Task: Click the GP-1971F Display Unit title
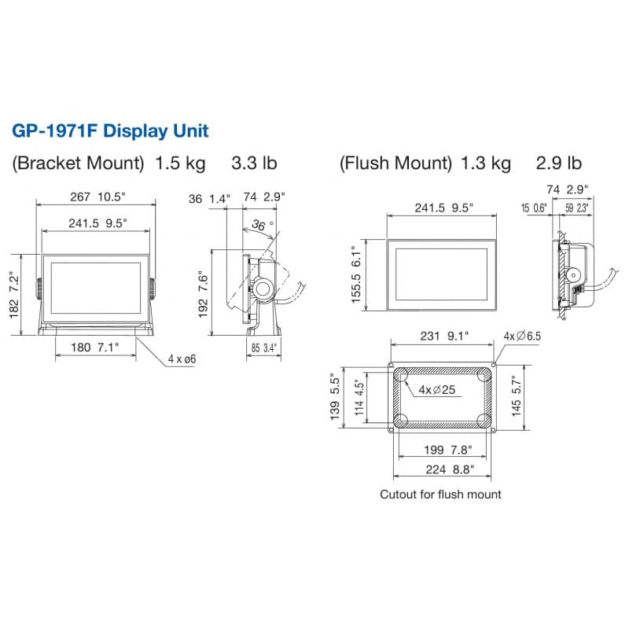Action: point(110,131)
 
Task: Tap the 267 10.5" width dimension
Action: point(97,197)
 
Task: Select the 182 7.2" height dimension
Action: point(14,296)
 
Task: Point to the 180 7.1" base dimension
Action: point(95,348)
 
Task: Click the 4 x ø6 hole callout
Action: point(182,359)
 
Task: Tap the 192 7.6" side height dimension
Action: point(204,294)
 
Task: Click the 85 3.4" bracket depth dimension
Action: point(264,348)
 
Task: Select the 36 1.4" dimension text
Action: point(209,199)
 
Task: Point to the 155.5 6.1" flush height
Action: point(356,274)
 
